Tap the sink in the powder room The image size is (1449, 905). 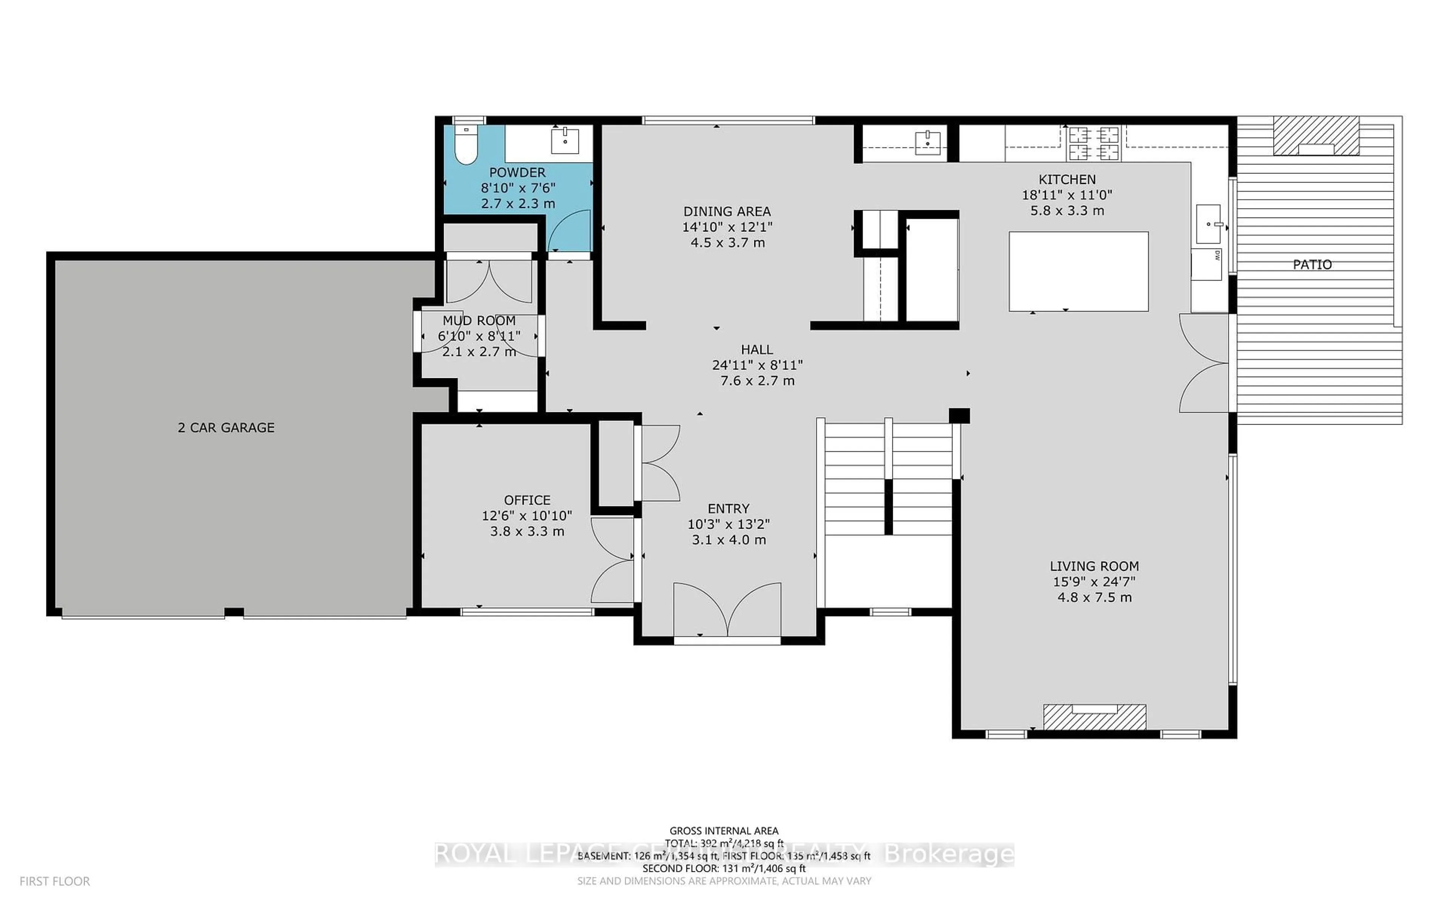point(565,141)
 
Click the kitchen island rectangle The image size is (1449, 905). point(1078,271)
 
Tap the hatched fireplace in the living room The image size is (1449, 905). point(1094,716)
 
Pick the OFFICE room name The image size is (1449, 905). point(527,500)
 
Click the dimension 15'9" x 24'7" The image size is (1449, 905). point(1094,581)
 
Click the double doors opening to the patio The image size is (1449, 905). point(1203,363)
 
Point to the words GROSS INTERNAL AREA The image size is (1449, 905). point(723,831)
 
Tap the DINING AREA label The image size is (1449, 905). point(727,211)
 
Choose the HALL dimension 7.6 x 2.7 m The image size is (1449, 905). point(757,381)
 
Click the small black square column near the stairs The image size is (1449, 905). point(958,416)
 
